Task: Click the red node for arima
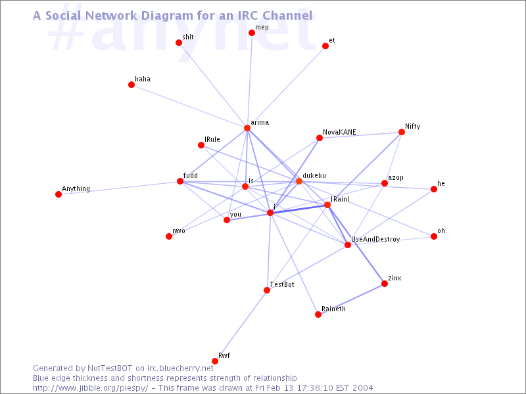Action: (x=247, y=128)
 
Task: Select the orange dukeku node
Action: (x=299, y=181)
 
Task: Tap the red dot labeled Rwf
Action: (x=215, y=361)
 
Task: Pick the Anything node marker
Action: (x=59, y=194)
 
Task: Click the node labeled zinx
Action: (x=385, y=284)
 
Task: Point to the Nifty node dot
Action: (x=402, y=132)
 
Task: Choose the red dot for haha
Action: (x=131, y=85)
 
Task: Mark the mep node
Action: (x=252, y=33)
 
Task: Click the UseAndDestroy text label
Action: (x=375, y=239)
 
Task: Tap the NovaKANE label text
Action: (x=339, y=132)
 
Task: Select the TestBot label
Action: (x=282, y=284)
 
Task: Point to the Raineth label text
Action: (x=333, y=309)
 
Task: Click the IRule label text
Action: (x=212, y=139)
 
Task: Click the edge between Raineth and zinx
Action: (x=351, y=299)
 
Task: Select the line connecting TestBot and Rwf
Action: (x=241, y=326)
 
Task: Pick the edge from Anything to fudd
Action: (x=119, y=188)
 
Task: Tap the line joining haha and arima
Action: (x=189, y=106)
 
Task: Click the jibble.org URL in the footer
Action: (x=90, y=388)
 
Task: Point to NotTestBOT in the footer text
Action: (x=110, y=368)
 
